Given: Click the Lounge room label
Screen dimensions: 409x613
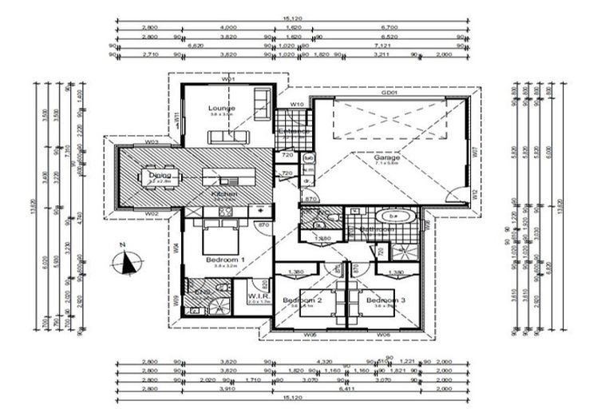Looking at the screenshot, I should coord(221,108).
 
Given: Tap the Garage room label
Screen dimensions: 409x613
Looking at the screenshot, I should coord(387,157).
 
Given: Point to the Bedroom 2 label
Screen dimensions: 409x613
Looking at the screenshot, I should coord(301,300).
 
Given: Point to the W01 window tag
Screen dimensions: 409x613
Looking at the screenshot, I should coord(227,80).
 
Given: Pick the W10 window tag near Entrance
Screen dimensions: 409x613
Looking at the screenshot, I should coord(295,104).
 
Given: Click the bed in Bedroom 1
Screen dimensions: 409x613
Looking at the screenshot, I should coord(221,236).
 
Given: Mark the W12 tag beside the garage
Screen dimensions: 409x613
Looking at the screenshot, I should coord(473,193).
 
